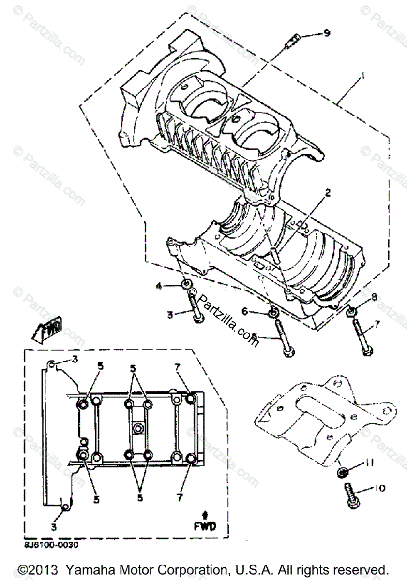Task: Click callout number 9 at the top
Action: (x=327, y=33)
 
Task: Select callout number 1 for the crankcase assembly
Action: (x=360, y=76)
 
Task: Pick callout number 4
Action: (x=158, y=286)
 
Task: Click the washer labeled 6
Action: (x=272, y=312)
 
